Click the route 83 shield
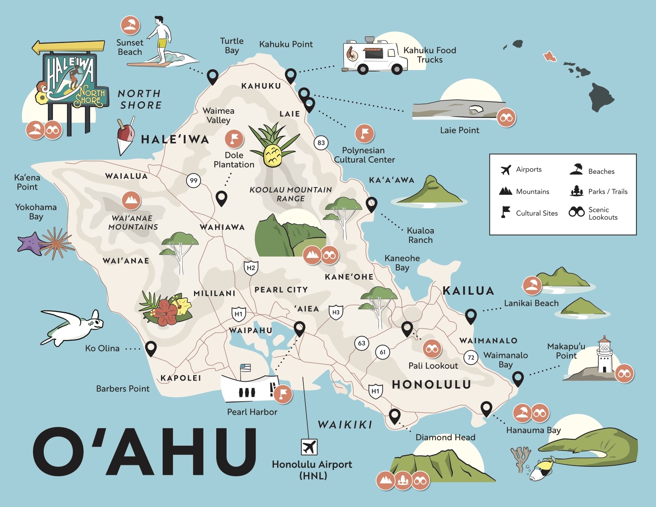coord(321,143)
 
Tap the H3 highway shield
coord(336,313)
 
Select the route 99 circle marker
coord(194,181)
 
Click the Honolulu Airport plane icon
coord(309,447)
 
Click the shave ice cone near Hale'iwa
coord(126,137)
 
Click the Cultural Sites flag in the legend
coord(505,212)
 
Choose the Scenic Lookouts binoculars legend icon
coord(576,212)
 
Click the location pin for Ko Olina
coord(151,348)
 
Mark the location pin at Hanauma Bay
coord(486,408)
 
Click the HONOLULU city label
coord(431,385)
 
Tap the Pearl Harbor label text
coord(252,412)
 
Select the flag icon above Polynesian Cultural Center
coord(364,133)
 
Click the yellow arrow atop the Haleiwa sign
coord(68,47)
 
